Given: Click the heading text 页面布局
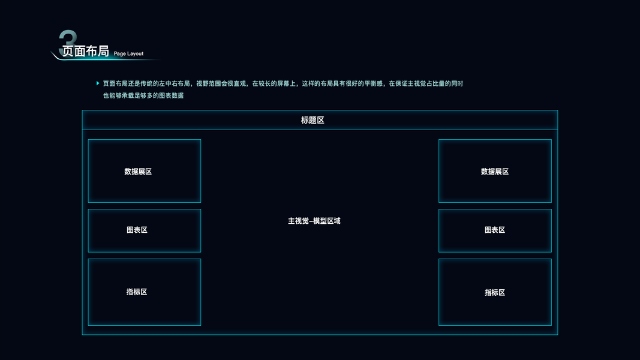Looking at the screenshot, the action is click(86, 52).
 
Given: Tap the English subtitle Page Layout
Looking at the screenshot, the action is click(128, 54).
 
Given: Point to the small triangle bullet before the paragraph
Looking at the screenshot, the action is click(98, 83).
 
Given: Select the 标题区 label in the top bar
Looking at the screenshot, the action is click(313, 120).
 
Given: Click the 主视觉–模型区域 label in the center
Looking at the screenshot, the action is click(314, 221).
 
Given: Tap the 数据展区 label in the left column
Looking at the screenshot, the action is click(138, 172).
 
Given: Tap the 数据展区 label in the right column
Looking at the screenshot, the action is click(495, 172).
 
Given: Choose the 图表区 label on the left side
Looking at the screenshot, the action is click(137, 230).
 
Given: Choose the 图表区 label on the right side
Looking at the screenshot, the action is click(495, 230).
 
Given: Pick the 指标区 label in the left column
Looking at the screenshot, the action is click(137, 292).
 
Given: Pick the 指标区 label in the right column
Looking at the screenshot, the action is click(495, 293).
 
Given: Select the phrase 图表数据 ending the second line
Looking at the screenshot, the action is click(172, 95).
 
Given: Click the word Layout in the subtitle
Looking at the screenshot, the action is click(135, 54).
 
